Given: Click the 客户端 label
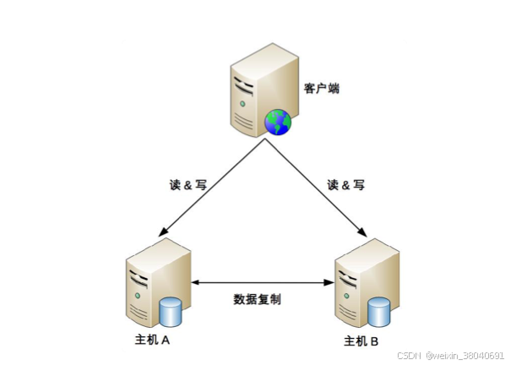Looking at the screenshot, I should [x=322, y=88].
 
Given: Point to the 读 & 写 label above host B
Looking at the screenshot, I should [x=345, y=184].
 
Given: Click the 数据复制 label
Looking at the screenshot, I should [x=258, y=299].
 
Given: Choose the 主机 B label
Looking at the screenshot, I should [x=361, y=342].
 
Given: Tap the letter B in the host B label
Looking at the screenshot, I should [x=374, y=342].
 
